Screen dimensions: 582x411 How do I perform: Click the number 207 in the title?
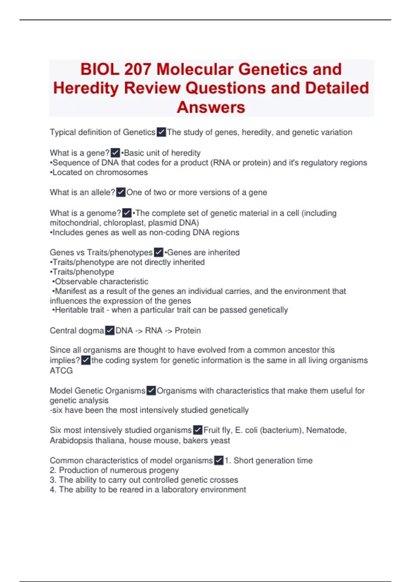137,69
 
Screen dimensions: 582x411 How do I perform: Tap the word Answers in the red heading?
211,107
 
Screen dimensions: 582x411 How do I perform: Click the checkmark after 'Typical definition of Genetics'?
161,132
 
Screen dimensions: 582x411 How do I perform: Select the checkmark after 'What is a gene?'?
115,153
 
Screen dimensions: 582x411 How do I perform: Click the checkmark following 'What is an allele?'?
121,192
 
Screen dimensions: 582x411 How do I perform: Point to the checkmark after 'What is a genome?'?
127,213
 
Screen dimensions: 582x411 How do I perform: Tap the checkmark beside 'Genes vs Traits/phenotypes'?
158,252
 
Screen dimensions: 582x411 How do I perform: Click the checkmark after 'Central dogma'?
110,330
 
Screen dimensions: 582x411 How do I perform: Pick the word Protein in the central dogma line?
188,330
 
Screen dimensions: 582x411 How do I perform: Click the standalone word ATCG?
61,370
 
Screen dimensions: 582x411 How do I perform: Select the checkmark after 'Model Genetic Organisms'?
151,391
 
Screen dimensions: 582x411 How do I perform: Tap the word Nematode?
326,430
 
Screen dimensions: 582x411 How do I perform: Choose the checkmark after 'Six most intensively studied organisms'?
198,430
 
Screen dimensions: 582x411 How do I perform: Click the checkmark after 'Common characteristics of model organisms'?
219,460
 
